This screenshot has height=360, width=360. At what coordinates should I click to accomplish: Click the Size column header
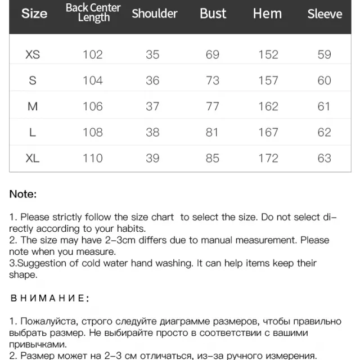34,13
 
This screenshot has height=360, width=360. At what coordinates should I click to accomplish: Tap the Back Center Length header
93,12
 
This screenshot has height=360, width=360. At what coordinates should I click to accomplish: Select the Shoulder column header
154,13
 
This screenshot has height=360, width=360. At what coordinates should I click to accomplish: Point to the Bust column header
213,13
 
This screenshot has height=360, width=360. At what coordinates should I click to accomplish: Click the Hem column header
267,13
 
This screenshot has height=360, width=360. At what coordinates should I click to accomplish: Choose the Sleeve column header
325,13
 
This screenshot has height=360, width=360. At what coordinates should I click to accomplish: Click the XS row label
33,55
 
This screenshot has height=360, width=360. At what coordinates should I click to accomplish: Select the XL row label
33,158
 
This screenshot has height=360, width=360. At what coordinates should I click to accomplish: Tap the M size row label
33,106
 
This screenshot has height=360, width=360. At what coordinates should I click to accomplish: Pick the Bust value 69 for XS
213,55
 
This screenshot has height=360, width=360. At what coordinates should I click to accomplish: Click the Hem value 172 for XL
268,158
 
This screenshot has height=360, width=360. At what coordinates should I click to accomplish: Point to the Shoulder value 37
152,106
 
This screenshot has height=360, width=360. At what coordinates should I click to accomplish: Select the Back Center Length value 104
93,80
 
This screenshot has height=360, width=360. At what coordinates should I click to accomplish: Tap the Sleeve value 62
324,132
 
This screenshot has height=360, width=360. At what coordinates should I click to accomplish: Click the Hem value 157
268,80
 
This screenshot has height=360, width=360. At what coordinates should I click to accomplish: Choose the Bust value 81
213,132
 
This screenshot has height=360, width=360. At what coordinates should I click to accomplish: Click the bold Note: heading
22,194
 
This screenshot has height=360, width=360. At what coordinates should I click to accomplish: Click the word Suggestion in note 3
40,263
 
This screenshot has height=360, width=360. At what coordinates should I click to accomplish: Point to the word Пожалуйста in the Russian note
47,321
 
